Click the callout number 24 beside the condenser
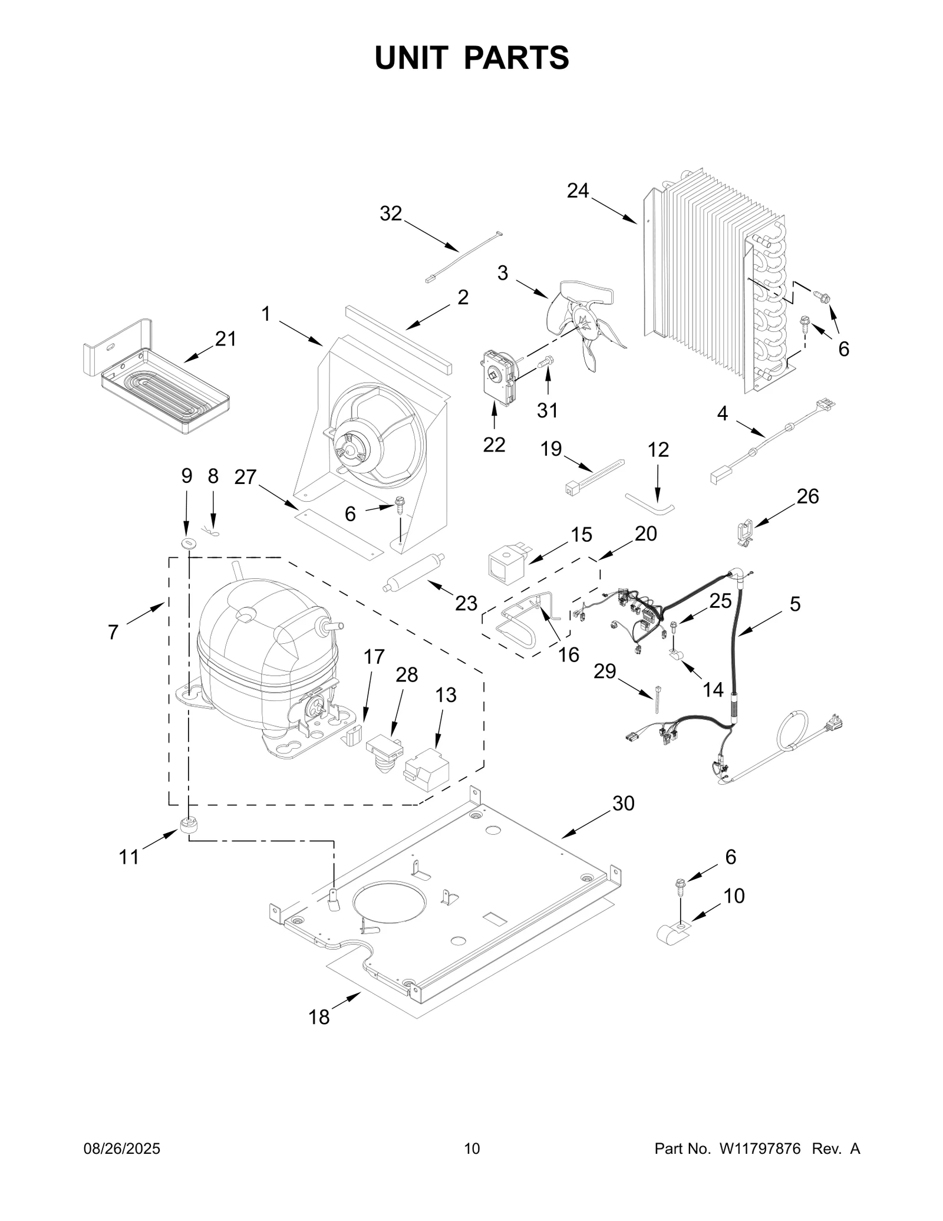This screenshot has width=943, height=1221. [578, 190]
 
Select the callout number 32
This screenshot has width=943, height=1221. [391, 213]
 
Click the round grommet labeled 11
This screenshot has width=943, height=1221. [188, 825]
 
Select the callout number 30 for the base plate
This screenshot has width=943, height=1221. [623, 803]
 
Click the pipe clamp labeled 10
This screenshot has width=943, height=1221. [672, 933]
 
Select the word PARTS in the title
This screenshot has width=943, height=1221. [516, 58]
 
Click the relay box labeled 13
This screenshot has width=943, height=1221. [426, 769]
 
